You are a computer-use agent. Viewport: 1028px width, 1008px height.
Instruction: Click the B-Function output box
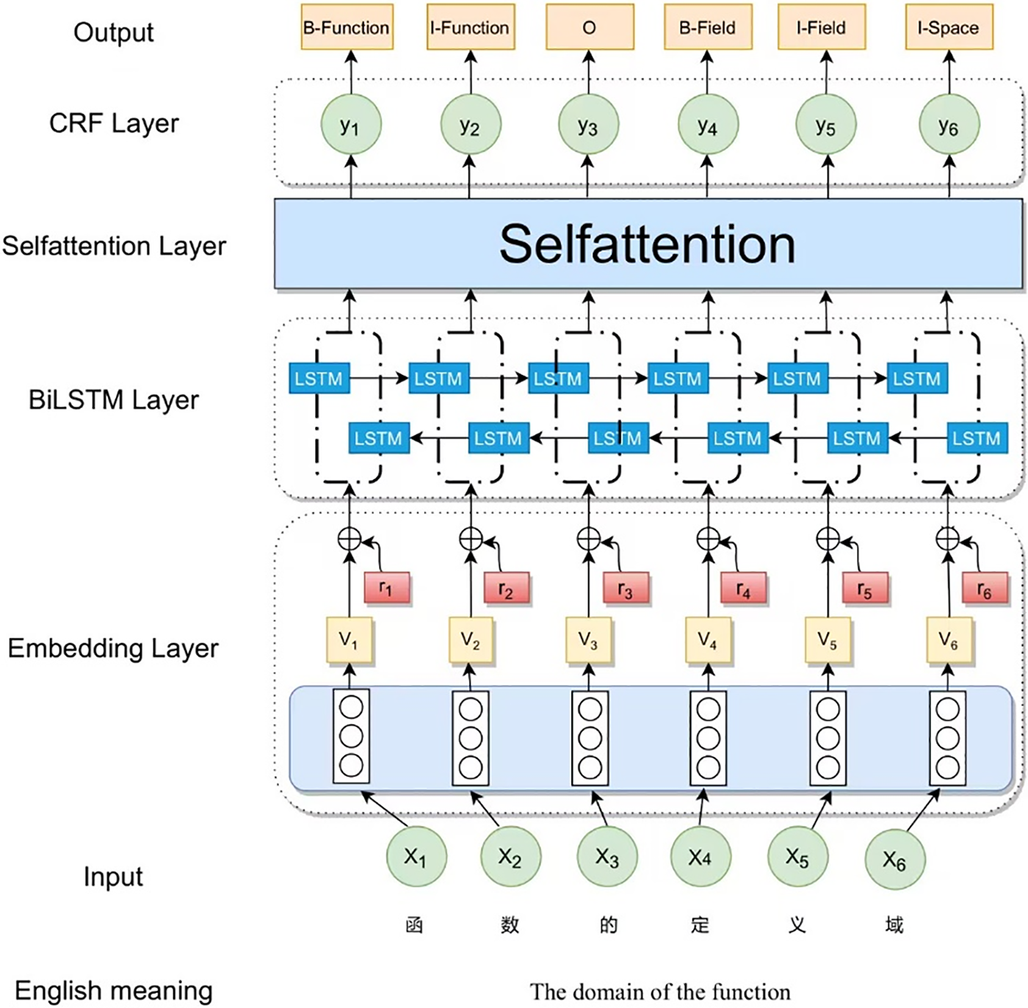[347, 27]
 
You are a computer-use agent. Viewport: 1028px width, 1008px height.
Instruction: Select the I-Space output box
[949, 27]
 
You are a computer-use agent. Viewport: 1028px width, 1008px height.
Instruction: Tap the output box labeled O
[590, 27]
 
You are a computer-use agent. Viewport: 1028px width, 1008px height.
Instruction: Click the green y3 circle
[588, 124]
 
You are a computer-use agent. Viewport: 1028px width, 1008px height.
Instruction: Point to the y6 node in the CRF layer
[949, 124]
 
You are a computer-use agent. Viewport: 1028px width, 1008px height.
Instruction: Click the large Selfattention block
[648, 244]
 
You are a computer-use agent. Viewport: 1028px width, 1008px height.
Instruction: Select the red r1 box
[387, 587]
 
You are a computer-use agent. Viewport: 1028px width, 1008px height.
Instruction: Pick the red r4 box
[744, 587]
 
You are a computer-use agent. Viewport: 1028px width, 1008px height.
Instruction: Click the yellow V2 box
[471, 639]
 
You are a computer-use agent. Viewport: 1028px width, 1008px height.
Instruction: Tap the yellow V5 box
[828, 639]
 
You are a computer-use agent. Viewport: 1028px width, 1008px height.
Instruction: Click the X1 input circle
[416, 857]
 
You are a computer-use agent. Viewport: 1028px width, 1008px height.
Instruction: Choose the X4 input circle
[701, 857]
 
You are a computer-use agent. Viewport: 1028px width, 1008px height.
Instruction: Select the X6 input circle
[894, 858]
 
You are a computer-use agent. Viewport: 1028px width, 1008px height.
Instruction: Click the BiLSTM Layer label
[114, 399]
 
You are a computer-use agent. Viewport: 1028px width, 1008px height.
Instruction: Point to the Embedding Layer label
[113, 648]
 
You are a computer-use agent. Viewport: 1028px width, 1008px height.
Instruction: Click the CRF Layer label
[114, 123]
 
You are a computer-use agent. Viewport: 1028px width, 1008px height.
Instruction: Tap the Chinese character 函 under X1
[415, 924]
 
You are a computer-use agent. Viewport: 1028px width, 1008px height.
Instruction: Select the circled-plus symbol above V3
[589, 540]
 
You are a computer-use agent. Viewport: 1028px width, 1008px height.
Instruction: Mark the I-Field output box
[822, 27]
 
